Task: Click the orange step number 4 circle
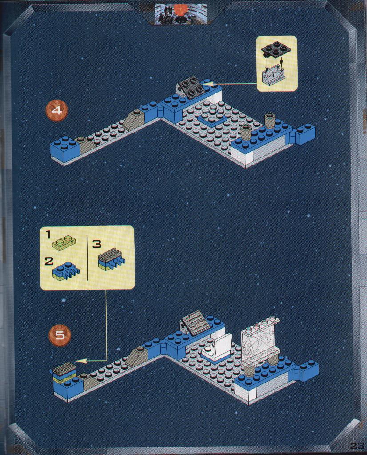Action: [x=57, y=111]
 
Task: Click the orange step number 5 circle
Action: [x=60, y=335]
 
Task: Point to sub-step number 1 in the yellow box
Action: [x=48, y=234]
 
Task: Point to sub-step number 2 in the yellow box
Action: [x=49, y=261]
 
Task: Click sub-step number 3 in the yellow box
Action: [x=97, y=244]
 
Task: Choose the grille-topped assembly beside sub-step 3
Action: [x=111, y=259]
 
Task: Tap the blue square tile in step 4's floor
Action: [x=212, y=119]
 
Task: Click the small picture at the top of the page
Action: [x=180, y=14]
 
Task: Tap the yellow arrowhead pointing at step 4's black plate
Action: [x=209, y=84]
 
